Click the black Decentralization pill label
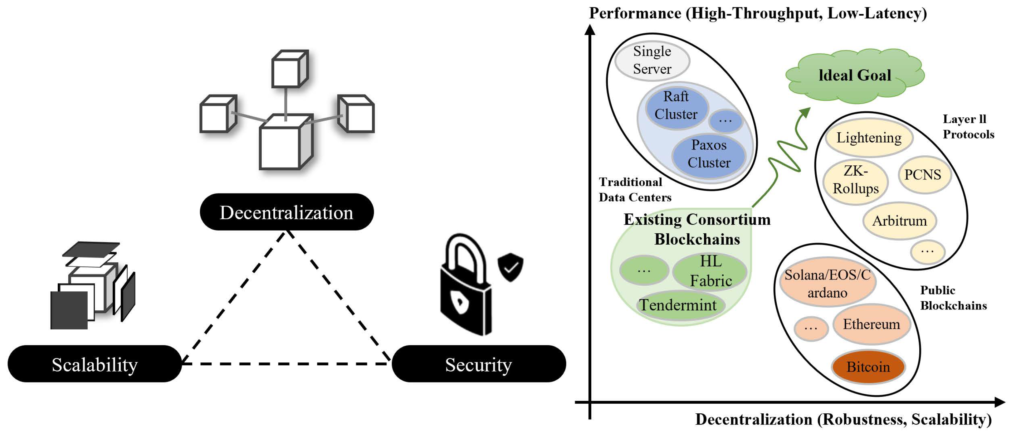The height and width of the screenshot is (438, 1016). click(x=287, y=212)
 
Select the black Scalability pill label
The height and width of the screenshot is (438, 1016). click(x=95, y=364)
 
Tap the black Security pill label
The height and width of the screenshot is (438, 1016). click(x=478, y=364)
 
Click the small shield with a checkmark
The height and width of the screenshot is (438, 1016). click(x=510, y=267)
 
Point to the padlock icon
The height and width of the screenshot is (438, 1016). click(x=465, y=288)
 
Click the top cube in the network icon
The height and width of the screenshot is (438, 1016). click(x=290, y=69)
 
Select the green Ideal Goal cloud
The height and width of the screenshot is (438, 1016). click(x=854, y=76)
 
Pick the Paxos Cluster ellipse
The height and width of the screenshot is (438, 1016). click(x=709, y=154)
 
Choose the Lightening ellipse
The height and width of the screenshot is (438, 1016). click(x=869, y=138)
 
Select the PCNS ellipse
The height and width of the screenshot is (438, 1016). click(x=923, y=175)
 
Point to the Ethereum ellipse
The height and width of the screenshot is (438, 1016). click(x=871, y=324)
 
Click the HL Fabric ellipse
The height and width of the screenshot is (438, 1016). click(x=710, y=271)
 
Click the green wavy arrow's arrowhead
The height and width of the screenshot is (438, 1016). click(x=805, y=113)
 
